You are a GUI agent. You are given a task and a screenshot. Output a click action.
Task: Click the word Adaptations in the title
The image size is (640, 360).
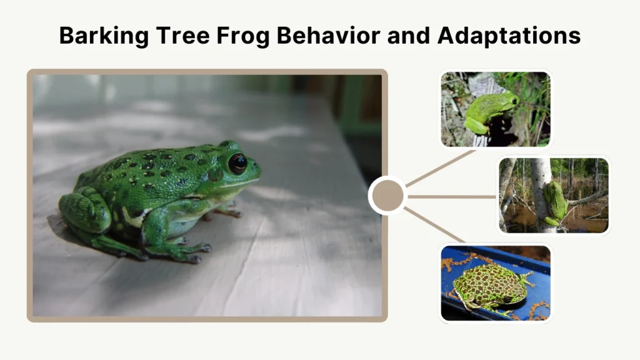(x=509, y=36)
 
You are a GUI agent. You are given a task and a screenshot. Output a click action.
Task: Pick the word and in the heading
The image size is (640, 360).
(x=408, y=36)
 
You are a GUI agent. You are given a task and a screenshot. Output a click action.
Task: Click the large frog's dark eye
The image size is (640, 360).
(x=237, y=164)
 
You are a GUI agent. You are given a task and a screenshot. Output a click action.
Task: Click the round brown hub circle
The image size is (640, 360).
(x=387, y=196)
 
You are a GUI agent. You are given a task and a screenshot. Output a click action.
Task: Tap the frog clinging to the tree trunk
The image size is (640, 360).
(x=554, y=201)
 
